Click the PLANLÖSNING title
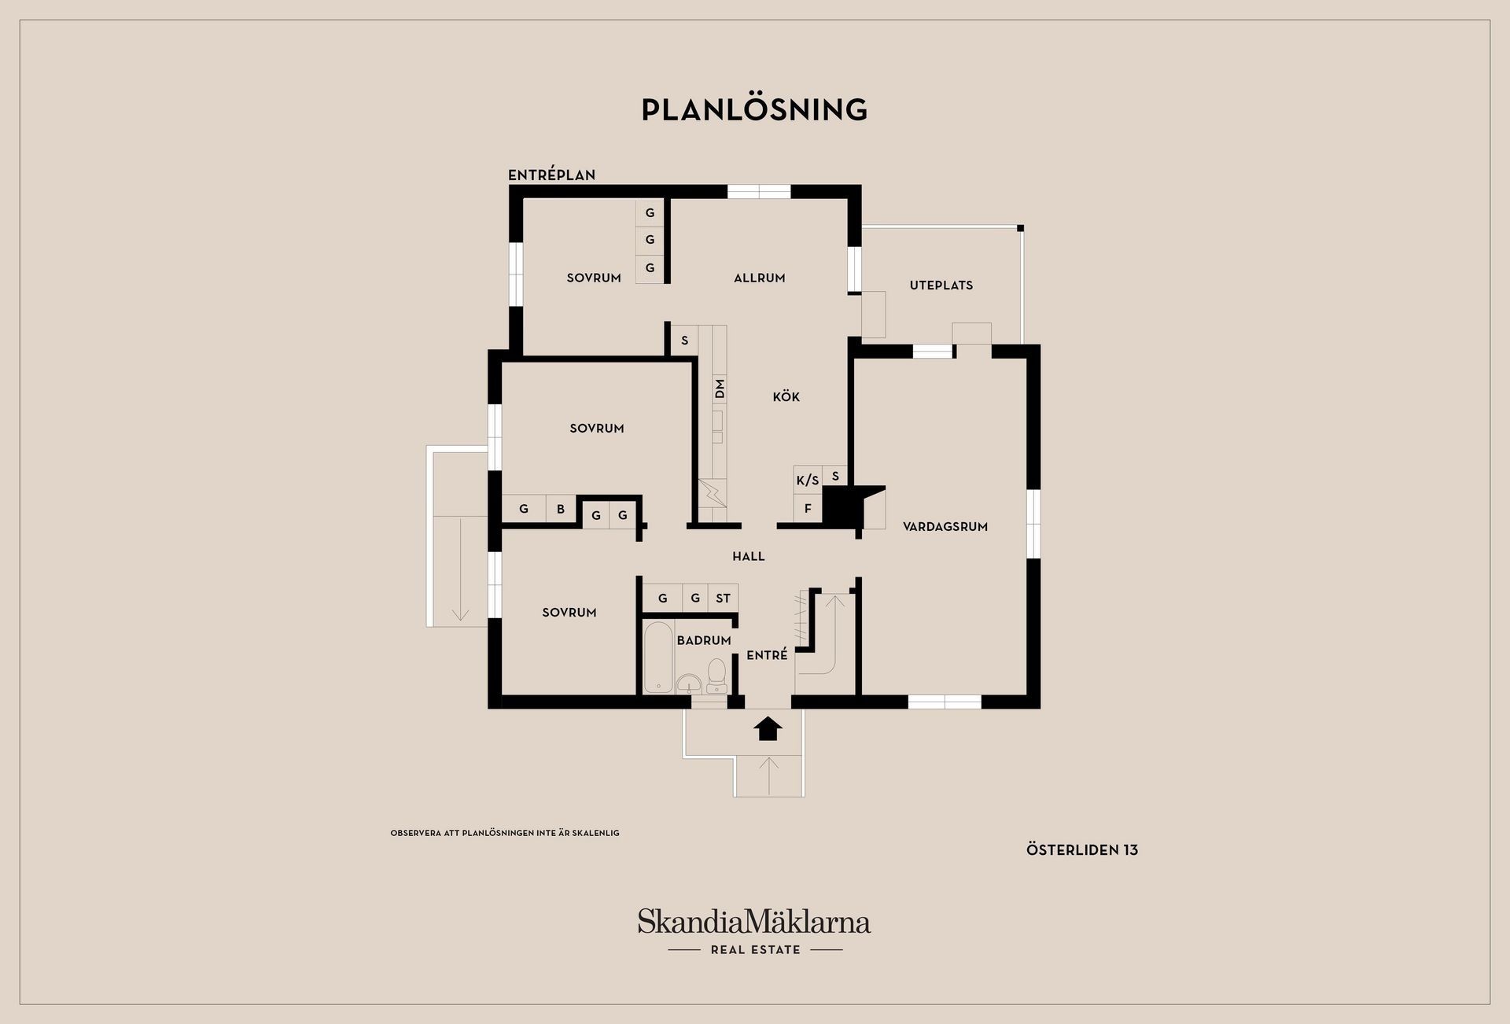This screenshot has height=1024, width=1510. [754, 109]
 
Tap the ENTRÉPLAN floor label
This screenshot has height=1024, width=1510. [551, 175]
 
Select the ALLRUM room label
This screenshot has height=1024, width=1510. [759, 278]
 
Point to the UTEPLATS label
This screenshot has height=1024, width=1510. [941, 285]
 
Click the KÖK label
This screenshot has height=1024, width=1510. [786, 396]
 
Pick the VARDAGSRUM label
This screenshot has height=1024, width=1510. [945, 526]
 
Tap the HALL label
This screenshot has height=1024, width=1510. [749, 556]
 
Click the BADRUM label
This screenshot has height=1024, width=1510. [704, 640]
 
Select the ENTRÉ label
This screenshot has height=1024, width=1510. [767, 654]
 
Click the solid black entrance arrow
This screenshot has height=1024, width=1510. [768, 728]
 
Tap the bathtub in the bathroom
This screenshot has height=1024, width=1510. [658, 657]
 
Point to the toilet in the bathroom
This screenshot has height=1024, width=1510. [716, 674]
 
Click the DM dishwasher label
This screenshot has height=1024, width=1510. [720, 389]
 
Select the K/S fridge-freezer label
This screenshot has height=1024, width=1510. [808, 480]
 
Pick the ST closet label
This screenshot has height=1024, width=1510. [723, 598]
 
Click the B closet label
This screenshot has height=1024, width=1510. [561, 509]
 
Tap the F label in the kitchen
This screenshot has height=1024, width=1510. [808, 508]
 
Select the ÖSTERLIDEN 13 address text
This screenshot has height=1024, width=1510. [1082, 849]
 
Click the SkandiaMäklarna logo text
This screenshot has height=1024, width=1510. [754, 921]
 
